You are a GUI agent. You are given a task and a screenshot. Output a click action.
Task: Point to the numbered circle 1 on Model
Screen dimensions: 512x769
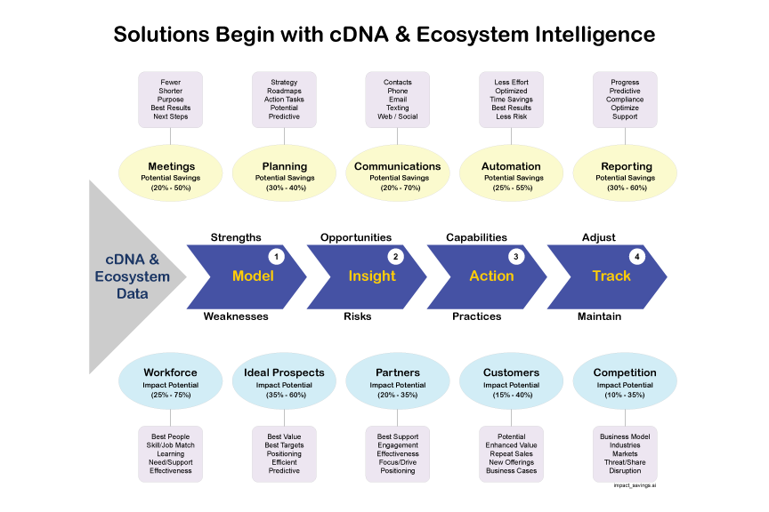coord(276,257)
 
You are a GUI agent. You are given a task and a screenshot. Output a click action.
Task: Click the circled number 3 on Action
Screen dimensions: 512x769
coord(515,257)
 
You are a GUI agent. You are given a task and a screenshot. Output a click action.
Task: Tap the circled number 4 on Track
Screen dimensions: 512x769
coord(635,257)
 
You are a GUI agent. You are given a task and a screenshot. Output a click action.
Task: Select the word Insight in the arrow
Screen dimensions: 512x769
coord(372,276)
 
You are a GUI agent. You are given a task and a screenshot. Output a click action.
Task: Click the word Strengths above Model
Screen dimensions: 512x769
coord(236,237)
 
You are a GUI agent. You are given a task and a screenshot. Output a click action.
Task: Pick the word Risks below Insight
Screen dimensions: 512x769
coord(358,316)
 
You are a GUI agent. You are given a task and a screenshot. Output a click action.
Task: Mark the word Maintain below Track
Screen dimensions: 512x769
coord(599,316)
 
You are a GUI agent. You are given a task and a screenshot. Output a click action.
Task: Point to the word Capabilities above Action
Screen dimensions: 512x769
coord(476,237)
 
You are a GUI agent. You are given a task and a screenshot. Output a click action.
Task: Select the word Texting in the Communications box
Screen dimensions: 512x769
coord(398,108)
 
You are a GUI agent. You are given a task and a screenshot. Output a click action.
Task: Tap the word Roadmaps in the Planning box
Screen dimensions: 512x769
coord(284,91)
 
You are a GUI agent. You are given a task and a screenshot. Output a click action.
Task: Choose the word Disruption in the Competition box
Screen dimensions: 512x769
coord(624,471)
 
